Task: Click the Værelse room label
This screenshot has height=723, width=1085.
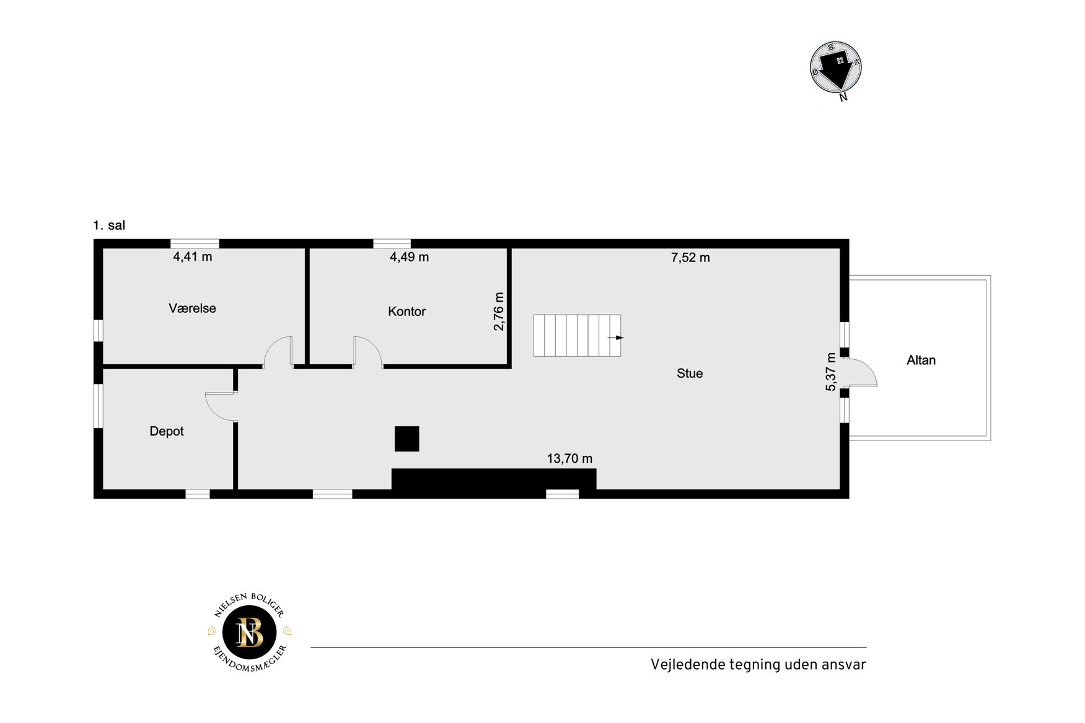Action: pos(192,308)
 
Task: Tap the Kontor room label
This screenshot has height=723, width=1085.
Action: pos(406,311)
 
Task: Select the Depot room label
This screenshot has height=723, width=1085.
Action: pos(167,431)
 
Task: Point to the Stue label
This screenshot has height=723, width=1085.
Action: pos(690,373)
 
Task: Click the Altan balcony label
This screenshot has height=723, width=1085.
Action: pos(921,360)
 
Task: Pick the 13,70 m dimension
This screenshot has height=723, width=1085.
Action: pos(569,458)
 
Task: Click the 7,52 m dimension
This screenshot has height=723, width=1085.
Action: pos(690,257)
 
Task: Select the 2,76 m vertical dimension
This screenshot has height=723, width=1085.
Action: pos(499,311)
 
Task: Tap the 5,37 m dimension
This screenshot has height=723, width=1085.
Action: pos(831,372)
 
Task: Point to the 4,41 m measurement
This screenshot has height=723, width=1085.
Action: pos(192,256)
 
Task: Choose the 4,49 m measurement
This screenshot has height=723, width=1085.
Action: pos(409,257)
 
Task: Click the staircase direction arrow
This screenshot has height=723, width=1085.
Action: pos(615,338)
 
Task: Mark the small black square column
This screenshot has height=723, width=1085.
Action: pos(406,439)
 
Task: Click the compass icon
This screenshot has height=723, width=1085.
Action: pos(836,68)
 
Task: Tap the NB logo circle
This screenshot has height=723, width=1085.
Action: pos(249,632)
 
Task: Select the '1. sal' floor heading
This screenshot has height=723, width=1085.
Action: pos(109,226)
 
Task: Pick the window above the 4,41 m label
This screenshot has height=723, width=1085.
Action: pos(195,243)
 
